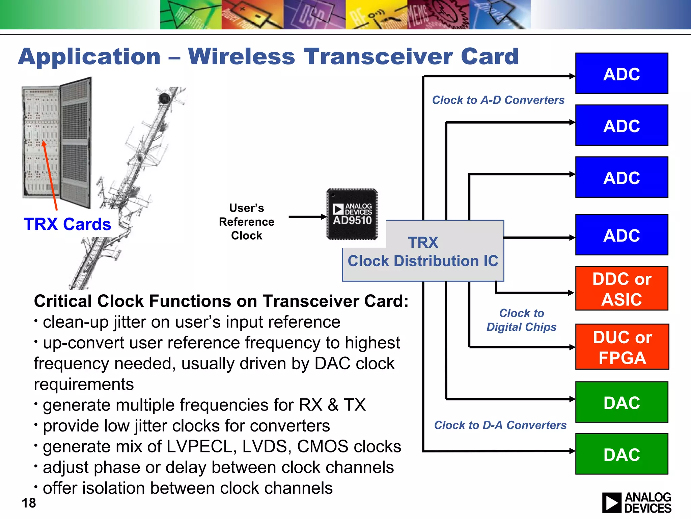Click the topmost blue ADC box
pyautogui.click(x=621, y=73)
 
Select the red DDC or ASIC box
pyautogui.click(x=621, y=288)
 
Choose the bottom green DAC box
pyautogui.click(x=621, y=454)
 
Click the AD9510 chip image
pyautogui.click(x=352, y=214)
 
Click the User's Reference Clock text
pyautogui.click(x=247, y=222)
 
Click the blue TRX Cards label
pyautogui.click(x=67, y=224)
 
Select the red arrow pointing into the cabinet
pyautogui.click(x=50, y=176)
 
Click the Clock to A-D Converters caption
pyautogui.click(x=498, y=100)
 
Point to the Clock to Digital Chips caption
pyautogui.click(x=521, y=320)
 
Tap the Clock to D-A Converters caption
pyautogui.click(x=500, y=425)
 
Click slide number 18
pyautogui.click(x=29, y=503)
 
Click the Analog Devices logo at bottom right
pyautogui.click(x=637, y=502)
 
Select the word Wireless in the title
pyautogui.click(x=241, y=56)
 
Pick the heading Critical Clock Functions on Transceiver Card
pyautogui.click(x=221, y=301)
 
